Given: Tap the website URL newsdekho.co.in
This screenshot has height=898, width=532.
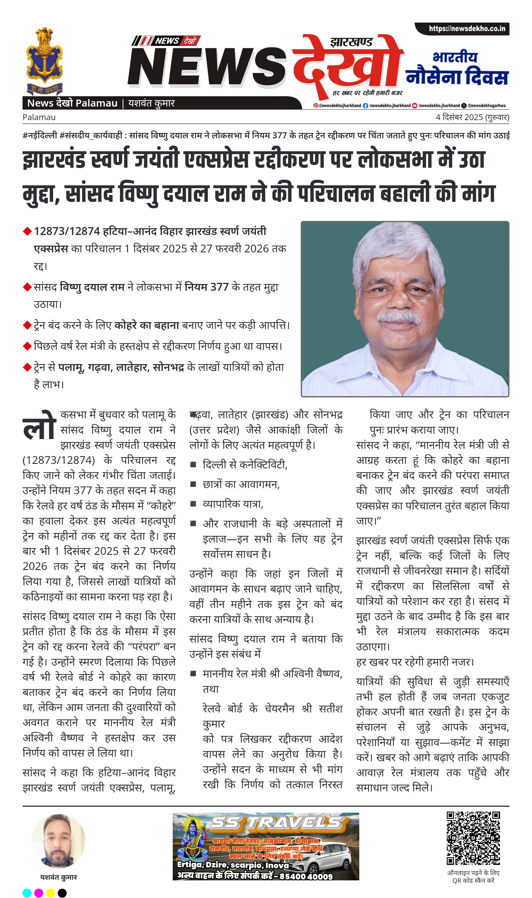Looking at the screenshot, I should point(467,29).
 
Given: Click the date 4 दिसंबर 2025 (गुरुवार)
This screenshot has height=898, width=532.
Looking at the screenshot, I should point(472,117).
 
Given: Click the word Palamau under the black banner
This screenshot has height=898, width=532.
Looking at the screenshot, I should point(39,117).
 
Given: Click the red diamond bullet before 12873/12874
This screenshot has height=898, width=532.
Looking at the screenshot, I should point(27,232).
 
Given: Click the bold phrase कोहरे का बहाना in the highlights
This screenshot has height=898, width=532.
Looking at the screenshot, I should point(147,325).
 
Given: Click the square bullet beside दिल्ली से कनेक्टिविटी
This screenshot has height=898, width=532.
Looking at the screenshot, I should point(193,465).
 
